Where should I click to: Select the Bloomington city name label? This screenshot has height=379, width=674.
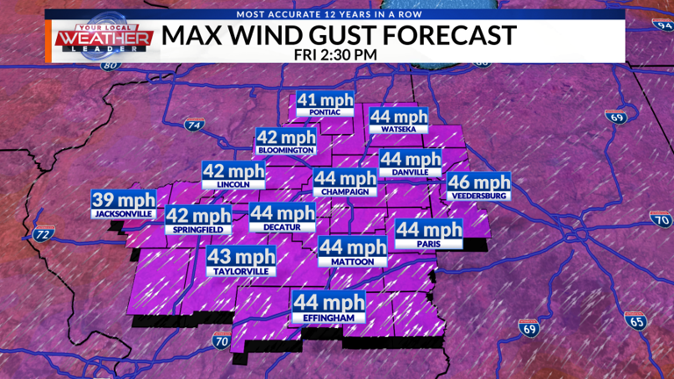[284, 150]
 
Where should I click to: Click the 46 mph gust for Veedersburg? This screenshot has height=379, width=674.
[479, 182]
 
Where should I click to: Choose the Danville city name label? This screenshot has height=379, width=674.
[410, 173]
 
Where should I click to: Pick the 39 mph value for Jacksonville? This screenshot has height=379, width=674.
[125, 199]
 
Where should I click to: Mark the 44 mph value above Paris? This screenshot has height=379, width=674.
[428, 230]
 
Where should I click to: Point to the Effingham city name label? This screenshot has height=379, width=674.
[328, 318]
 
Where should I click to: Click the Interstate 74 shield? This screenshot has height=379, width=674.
[195, 125]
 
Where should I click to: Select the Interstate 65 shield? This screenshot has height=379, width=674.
[637, 321]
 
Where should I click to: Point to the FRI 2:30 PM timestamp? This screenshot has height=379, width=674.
[337, 53]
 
